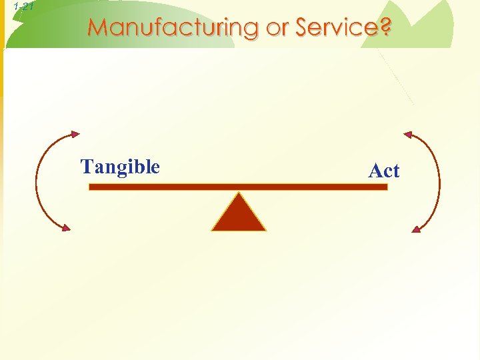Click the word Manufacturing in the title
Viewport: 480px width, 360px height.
point(172,28)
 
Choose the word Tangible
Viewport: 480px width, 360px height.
point(120,166)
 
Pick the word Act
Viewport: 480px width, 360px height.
point(384,171)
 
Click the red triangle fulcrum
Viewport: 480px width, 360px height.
point(239,215)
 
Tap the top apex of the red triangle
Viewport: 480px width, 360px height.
point(239,194)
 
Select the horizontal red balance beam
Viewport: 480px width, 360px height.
point(238,187)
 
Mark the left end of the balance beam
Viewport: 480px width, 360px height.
point(91,187)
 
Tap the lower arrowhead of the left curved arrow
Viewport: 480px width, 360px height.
point(65,228)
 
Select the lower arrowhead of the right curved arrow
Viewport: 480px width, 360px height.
point(416,229)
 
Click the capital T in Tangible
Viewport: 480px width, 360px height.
point(86,166)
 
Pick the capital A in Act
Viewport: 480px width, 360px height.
point(375,171)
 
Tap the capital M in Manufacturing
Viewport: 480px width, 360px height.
point(97,28)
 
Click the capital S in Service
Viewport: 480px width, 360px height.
point(303,28)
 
